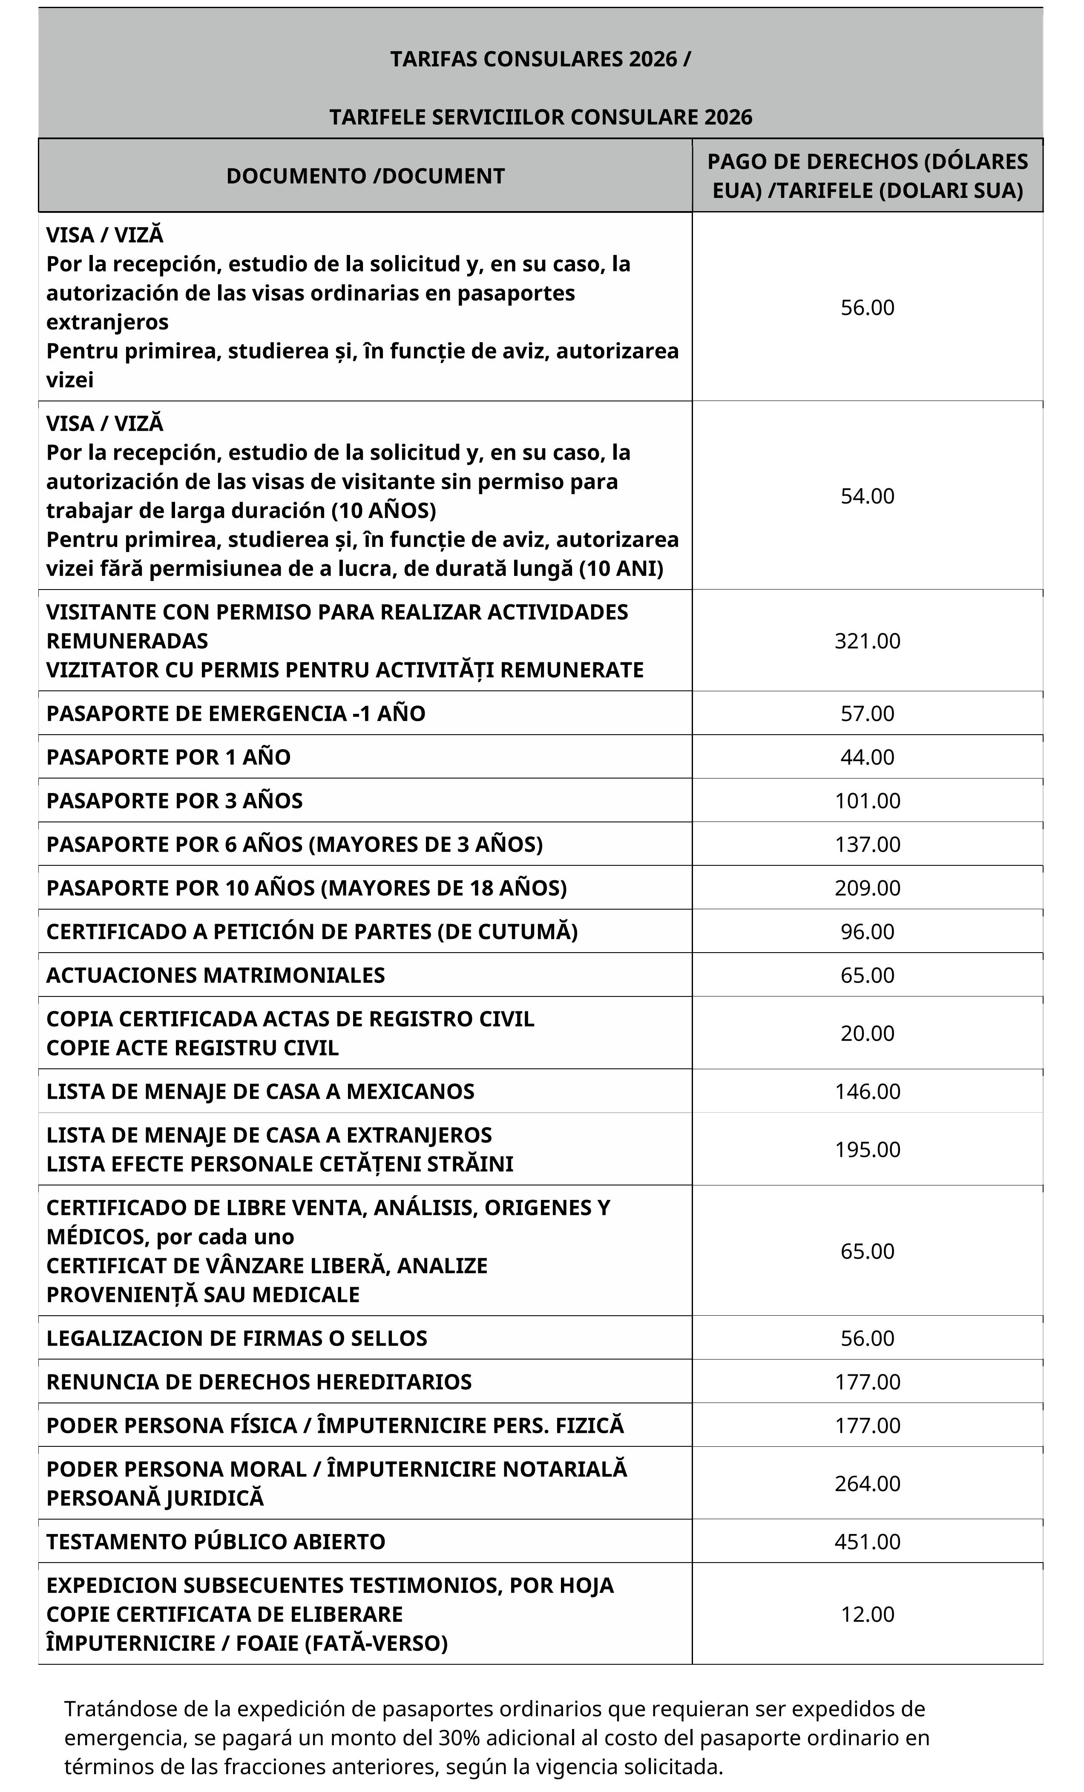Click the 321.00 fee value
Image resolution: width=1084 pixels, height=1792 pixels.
tap(867, 641)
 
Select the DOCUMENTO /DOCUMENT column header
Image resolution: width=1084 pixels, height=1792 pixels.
tap(365, 176)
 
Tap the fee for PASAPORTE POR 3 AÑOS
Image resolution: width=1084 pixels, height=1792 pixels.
tap(867, 801)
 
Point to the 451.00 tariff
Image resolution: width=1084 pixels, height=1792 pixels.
tap(867, 1542)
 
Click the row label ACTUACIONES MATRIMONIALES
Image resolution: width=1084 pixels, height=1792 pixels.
tap(216, 975)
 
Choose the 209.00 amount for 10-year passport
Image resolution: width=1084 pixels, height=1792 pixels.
tap(867, 888)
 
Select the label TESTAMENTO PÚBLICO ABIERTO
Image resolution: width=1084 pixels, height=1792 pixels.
tap(216, 1542)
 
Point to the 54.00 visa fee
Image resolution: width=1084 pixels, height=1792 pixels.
tap(867, 496)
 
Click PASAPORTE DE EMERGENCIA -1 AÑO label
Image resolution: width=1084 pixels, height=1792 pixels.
tap(236, 713)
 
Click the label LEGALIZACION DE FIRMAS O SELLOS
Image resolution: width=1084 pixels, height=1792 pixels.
tap(236, 1338)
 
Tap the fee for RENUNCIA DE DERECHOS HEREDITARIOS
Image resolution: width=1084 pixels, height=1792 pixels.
tap(867, 1382)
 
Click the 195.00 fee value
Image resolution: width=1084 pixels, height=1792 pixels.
tap(867, 1150)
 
